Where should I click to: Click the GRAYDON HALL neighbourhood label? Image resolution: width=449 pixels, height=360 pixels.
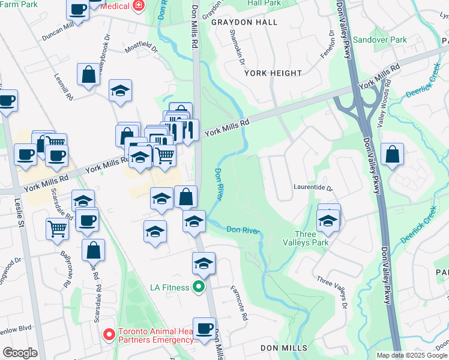tap(244, 22)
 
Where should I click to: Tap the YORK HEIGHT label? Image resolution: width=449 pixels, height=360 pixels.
tap(273, 73)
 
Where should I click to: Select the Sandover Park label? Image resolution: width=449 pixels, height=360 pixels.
tap(379, 40)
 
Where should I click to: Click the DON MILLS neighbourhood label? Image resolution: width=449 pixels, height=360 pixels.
tap(284, 348)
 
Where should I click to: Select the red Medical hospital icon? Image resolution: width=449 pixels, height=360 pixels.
tap(139, 5)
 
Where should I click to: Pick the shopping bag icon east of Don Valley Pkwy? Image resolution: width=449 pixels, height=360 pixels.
tap(392, 155)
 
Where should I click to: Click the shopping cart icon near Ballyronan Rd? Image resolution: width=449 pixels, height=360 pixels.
tap(57, 227)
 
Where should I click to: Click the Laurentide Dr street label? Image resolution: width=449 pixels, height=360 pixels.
tap(313, 187)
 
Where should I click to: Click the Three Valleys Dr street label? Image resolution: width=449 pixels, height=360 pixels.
tap(331, 289)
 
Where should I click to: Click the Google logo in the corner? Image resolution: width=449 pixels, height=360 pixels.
tap(20, 353)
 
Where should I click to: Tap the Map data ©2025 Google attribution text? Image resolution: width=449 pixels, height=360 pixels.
tap(411, 355)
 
